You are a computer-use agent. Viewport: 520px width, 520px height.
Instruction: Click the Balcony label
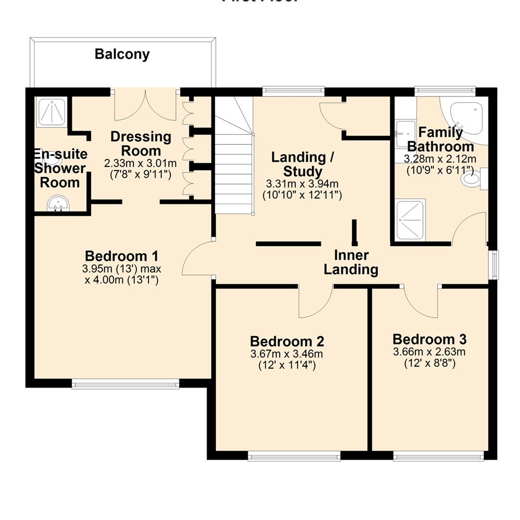tap(122, 54)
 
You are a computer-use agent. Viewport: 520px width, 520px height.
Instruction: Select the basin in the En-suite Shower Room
tap(58, 204)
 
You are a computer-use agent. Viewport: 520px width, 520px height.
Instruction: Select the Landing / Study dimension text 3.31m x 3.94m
tap(301, 183)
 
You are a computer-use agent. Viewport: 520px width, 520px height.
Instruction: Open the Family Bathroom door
tap(469, 229)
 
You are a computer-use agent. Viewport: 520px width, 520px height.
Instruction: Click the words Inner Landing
tap(351, 262)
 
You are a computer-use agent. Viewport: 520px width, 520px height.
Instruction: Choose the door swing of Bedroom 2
tap(315, 302)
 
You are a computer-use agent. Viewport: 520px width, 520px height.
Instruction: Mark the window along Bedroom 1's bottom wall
tap(125, 384)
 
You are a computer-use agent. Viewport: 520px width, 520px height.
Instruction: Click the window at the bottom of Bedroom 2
tap(294, 456)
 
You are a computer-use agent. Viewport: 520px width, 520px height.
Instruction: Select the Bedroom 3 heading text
tap(429, 338)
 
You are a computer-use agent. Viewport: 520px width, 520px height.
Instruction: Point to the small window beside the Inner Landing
tap(494, 264)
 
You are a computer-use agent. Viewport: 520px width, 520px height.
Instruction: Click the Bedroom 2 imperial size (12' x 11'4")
tap(286, 365)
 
